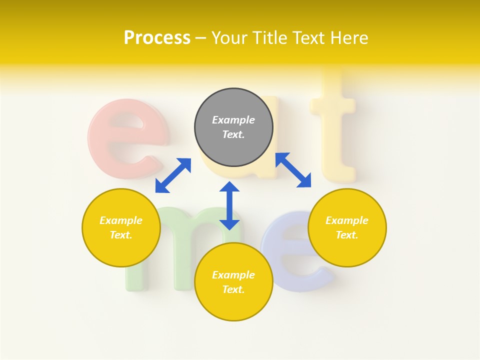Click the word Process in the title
pos(157,38)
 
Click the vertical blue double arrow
pos(229,205)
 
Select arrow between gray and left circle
pos(173,175)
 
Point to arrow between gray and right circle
pos(293,170)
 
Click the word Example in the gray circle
pos(233,120)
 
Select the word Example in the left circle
pos(121,220)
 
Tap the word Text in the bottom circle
pos(233,289)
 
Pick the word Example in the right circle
pos(347,220)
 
